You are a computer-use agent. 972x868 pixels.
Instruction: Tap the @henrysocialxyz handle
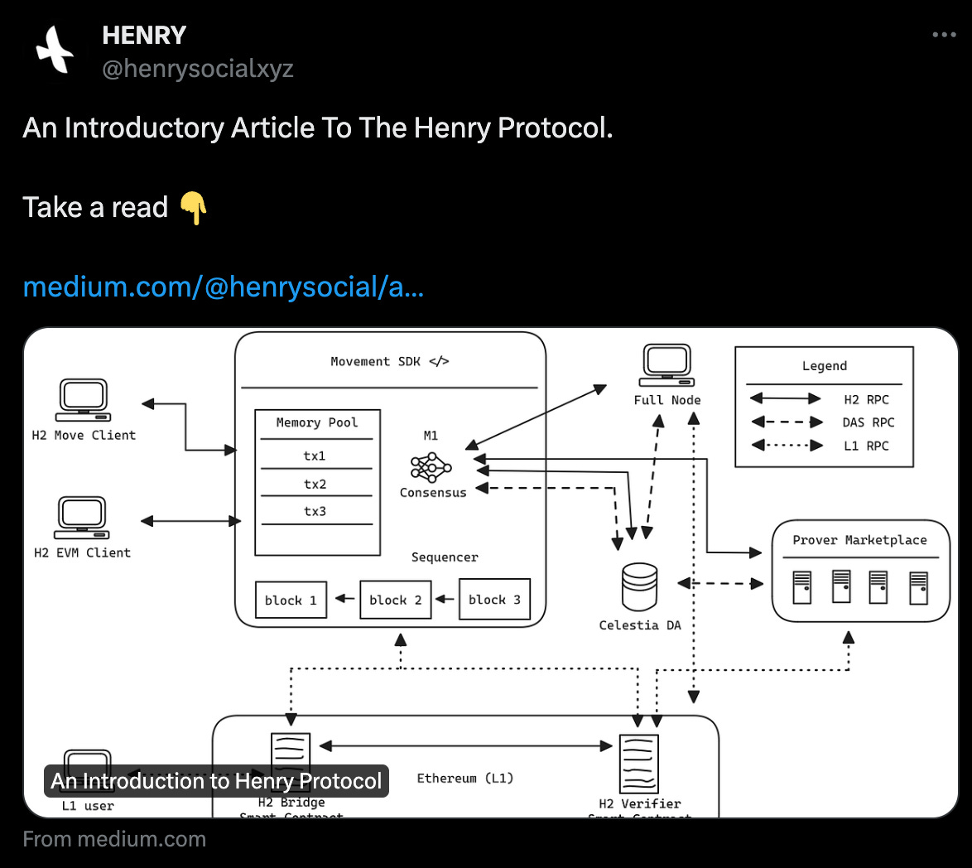[197, 69]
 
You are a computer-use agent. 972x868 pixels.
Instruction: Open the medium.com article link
[224, 287]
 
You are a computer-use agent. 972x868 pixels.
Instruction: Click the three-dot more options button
[944, 35]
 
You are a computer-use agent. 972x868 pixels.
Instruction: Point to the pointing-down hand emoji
[193, 208]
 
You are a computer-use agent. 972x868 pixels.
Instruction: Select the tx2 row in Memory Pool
[315, 484]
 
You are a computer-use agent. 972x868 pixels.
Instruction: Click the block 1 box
[291, 600]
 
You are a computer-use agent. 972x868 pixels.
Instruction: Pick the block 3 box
[494, 600]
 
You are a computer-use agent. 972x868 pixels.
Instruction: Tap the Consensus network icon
[431, 467]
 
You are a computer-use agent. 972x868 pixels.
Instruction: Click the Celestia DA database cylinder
[639, 586]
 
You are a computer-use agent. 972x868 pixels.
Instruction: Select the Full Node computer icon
[666, 364]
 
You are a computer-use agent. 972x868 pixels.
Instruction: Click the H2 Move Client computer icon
[84, 400]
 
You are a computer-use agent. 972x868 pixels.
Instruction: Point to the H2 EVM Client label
[82, 552]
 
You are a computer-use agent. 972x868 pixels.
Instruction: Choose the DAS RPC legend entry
[869, 422]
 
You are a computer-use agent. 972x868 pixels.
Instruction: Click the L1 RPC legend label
[866, 446]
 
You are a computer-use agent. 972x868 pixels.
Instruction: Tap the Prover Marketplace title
[859, 540]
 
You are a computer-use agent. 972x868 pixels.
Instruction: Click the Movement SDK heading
[389, 361]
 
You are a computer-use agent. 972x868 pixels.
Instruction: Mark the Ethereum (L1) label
[465, 778]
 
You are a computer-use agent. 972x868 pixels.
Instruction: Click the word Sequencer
[445, 557]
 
